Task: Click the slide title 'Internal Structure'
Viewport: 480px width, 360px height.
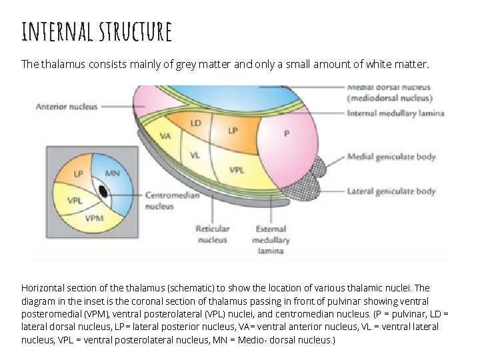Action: tap(97, 31)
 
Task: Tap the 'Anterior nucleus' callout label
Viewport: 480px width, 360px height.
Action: tap(67, 106)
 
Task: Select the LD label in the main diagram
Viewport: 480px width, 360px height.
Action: tap(196, 124)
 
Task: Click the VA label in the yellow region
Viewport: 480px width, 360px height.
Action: tap(166, 136)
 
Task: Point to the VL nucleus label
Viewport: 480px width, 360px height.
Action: tap(195, 155)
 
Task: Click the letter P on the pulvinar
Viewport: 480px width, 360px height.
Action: tap(286, 133)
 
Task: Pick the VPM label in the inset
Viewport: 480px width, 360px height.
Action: tap(94, 217)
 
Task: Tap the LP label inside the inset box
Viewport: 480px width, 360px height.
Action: tap(79, 174)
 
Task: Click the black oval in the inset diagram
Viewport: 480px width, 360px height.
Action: tap(103, 191)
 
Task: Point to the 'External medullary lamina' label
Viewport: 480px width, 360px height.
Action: tap(271, 240)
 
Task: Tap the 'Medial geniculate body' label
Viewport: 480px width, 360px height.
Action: tap(391, 157)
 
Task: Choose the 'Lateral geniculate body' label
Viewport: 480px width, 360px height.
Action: tap(391, 191)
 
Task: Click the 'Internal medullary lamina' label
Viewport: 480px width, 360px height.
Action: tap(396, 113)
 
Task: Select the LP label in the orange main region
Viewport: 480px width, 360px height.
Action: tap(232, 131)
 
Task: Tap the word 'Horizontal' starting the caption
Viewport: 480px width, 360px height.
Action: tap(43, 288)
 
